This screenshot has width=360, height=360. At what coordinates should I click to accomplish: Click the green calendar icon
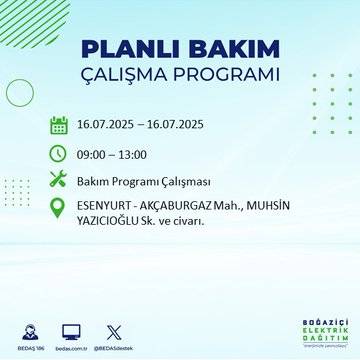click(58, 126)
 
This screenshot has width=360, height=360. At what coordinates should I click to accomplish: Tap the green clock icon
click(58, 153)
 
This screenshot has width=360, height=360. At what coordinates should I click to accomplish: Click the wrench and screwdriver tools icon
click(58, 181)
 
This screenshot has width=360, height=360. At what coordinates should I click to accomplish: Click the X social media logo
click(111, 330)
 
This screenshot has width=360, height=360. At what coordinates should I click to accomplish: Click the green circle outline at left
click(20, 92)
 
